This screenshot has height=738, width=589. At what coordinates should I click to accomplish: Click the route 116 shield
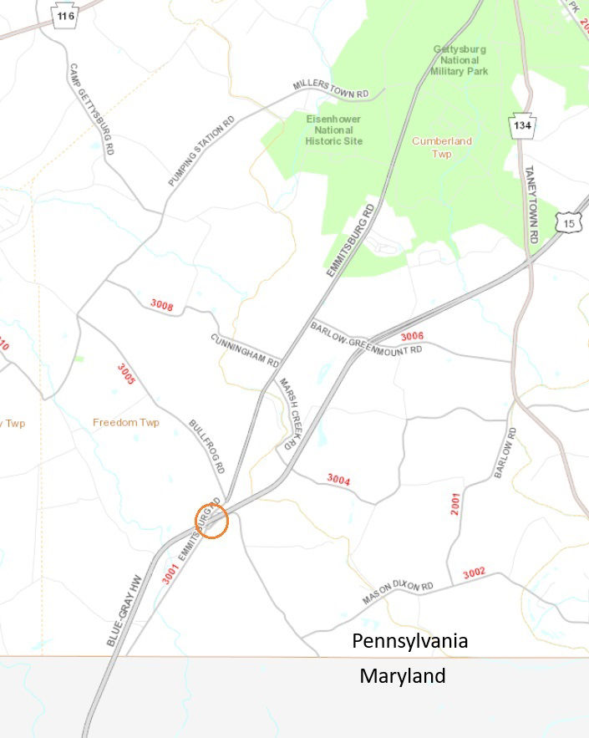click(66, 16)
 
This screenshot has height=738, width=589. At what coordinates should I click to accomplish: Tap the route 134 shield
click(522, 125)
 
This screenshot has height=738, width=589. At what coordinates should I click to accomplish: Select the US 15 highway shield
click(570, 223)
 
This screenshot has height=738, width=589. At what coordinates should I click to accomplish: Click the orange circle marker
click(211, 521)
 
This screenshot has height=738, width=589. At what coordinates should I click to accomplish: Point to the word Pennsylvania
click(409, 642)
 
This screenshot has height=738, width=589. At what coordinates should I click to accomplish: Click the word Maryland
click(403, 676)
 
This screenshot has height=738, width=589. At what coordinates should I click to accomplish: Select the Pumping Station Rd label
click(201, 151)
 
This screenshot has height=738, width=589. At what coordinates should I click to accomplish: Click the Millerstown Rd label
click(331, 87)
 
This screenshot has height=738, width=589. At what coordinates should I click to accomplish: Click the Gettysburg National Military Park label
click(460, 60)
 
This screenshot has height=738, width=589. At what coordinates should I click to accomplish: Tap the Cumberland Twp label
click(441, 147)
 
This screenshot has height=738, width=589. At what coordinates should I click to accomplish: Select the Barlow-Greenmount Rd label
click(366, 338)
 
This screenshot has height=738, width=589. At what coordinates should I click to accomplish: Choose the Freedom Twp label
click(125, 422)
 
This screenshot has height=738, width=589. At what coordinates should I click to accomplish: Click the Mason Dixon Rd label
click(399, 593)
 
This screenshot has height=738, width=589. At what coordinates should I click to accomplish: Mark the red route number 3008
click(162, 305)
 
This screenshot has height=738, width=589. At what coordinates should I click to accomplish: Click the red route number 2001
click(455, 503)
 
